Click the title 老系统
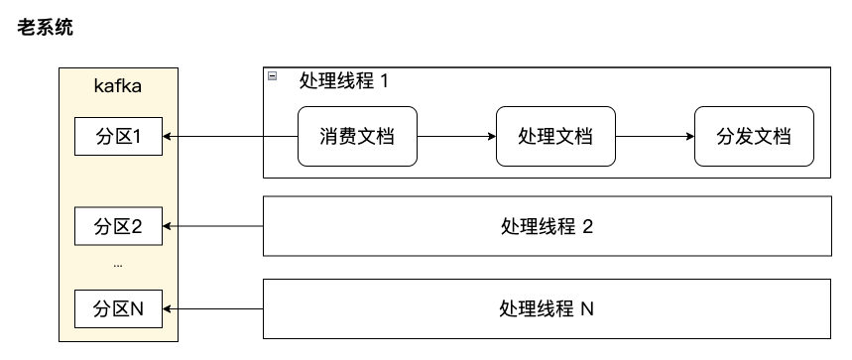tap(46, 28)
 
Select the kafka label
tap(118, 86)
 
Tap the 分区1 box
tap(118, 137)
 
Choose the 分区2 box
tap(118, 226)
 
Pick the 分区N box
tap(118, 308)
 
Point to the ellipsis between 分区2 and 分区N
tap(118, 266)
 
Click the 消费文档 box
tap(357, 137)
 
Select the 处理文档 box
tap(555, 137)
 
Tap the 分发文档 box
tap(754, 137)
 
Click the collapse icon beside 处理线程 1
tap(272, 76)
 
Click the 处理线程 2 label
tap(547, 226)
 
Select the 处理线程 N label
tap(547, 308)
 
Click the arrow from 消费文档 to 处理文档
tap(456, 137)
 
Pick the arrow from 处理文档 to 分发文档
tap(655, 137)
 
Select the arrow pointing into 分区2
tap(212, 226)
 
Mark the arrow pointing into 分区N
tap(212, 308)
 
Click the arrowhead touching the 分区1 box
tap(166, 137)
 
